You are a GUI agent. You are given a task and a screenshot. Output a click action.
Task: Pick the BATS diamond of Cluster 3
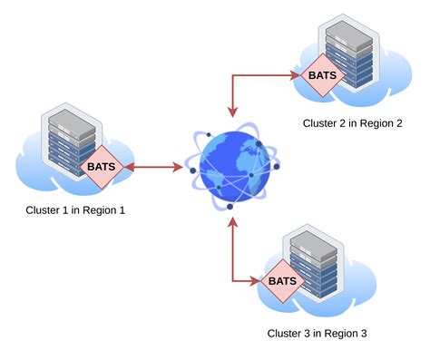[x=282, y=280]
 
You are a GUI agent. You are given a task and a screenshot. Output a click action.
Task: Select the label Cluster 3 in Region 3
[x=317, y=333]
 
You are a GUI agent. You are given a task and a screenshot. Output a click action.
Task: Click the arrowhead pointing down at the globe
[x=233, y=112]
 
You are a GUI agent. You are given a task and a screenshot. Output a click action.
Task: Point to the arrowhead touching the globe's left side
[x=178, y=168]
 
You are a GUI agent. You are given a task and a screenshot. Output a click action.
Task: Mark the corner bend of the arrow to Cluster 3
[x=233, y=280]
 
